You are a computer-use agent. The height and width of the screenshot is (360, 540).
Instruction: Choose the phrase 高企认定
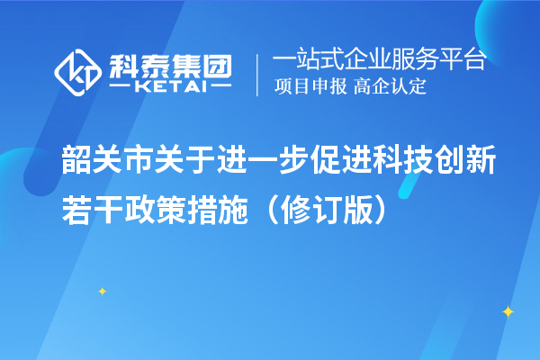point(390,87)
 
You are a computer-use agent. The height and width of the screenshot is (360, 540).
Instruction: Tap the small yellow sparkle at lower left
point(102,291)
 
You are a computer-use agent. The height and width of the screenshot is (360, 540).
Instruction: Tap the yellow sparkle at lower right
point(507,311)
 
